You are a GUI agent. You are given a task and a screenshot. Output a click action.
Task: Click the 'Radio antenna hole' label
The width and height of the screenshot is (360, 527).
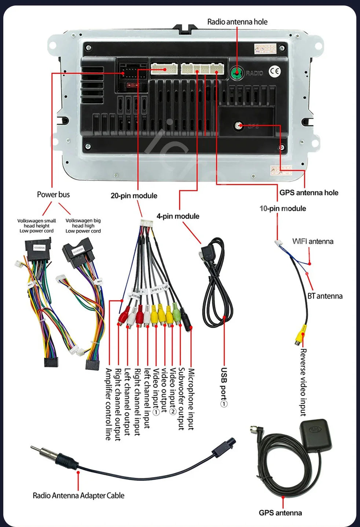[x=237, y=22]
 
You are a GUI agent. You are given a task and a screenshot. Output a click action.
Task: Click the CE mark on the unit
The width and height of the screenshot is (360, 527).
[x=275, y=72]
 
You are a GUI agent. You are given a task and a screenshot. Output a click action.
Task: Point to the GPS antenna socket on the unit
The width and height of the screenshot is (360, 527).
[x=239, y=126]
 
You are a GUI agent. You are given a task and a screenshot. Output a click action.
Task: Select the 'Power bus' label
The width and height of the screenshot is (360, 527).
[x=53, y=195]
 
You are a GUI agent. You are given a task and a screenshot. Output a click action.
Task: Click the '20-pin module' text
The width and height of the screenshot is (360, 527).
[x=134, y=196]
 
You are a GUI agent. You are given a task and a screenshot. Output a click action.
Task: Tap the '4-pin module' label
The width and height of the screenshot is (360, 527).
[x=178, y=216]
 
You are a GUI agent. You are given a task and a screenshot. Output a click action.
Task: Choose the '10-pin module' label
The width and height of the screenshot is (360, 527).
[x=283, y=209]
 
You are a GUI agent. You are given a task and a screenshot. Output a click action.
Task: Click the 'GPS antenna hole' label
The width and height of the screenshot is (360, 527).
[x=309, y=193]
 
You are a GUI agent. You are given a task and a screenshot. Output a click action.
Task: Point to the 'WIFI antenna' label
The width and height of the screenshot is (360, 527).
[x=313, y=241]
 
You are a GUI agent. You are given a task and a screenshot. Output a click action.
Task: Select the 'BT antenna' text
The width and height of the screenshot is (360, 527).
[x=325, y=296]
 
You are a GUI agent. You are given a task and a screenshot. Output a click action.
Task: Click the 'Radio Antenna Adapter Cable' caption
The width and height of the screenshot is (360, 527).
[x=78, y=496]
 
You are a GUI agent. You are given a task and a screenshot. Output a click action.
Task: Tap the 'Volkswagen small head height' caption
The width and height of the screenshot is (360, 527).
[x=37, y=226]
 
